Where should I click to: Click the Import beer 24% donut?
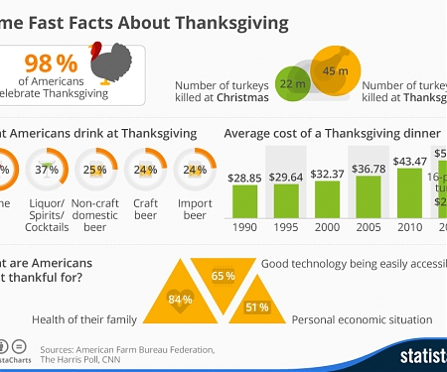(194, 170)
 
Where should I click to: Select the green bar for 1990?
(245, 200)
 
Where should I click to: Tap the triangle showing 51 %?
(256, 306)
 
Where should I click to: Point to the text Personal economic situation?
(362, 319)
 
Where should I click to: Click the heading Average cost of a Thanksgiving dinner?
(330, 133)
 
